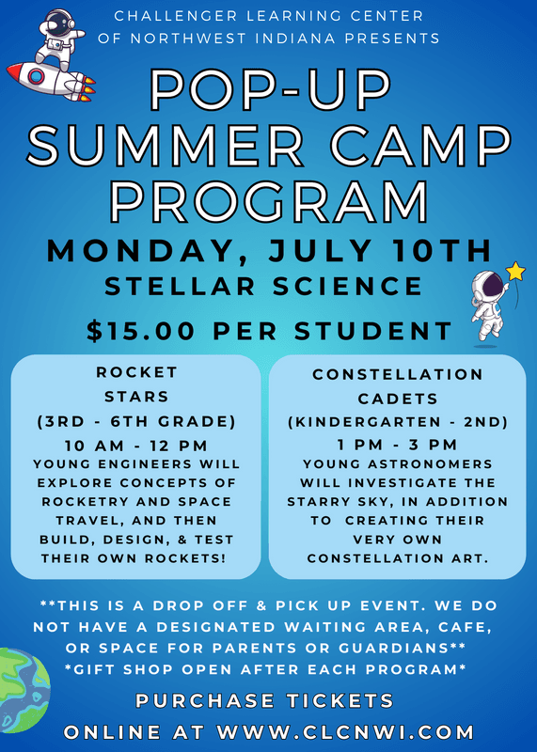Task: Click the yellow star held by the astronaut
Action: click(516, 272)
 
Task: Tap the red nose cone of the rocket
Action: click(16, 70)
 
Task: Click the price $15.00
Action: click(141, 331)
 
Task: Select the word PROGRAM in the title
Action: click(269, 201)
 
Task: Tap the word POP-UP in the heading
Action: click(270, 90)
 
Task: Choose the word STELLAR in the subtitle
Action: click(180, 287)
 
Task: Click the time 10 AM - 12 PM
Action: click(136, 446)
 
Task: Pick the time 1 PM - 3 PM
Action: click(398, 445)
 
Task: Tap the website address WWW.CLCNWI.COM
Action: click(345, 732)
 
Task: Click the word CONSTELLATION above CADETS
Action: click(398, 374)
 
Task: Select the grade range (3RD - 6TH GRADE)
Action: click(136, 421)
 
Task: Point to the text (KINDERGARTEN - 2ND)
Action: click(398, 422)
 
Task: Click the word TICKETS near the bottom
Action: click(340, 701)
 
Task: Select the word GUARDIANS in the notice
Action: click(394, 648)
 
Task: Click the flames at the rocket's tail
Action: click(87, 88)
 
